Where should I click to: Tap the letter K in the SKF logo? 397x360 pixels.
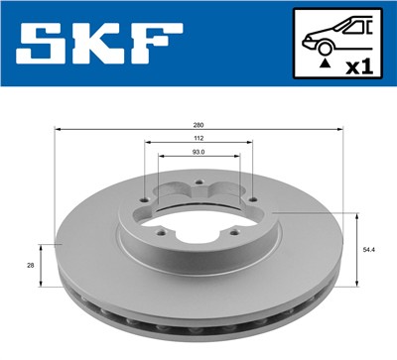tap(95, 44)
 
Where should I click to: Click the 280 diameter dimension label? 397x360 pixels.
tap(198, 125)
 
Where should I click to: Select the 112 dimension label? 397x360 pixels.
tap(198, 139)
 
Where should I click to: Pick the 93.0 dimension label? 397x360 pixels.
tap(198, 153)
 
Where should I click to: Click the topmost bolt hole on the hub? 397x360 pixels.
tap(198, 182)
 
